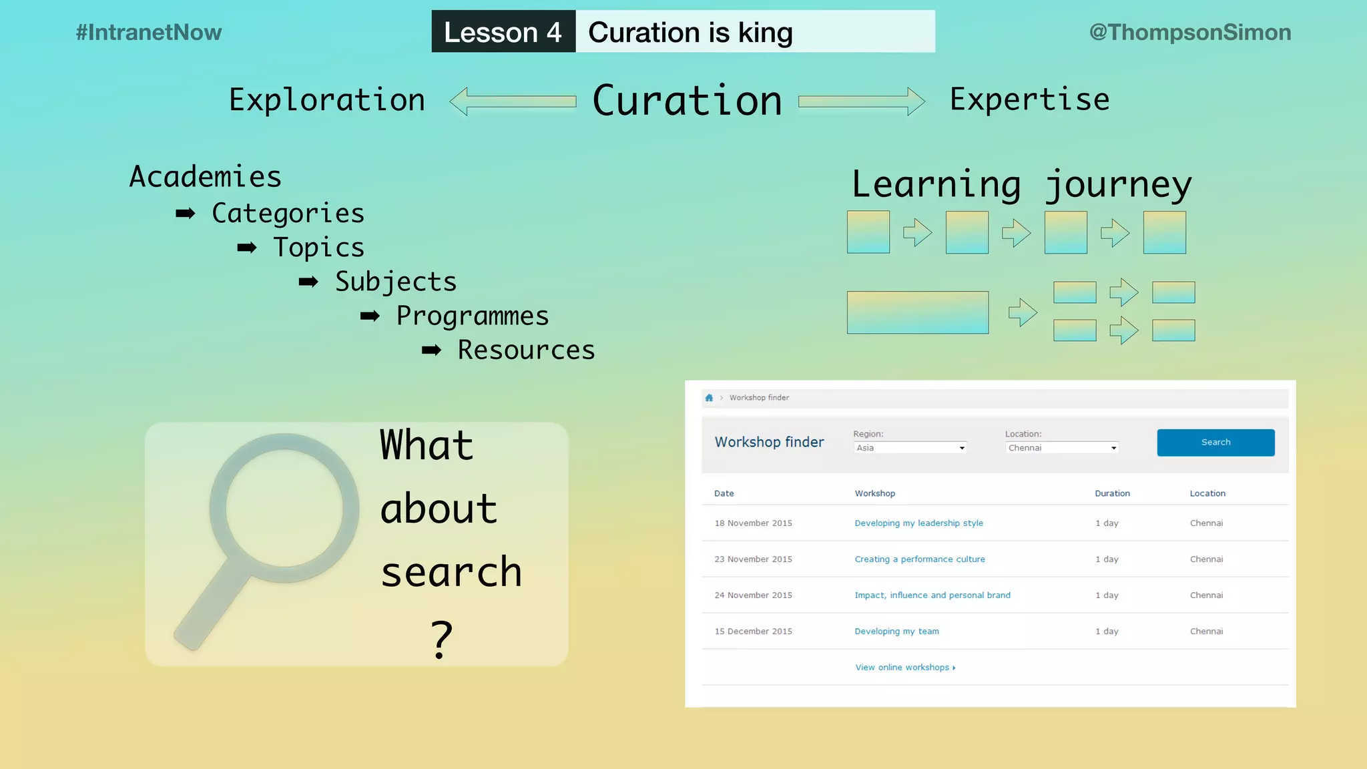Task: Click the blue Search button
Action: click(1215, 443)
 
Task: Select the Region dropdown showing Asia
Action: click(910, 448)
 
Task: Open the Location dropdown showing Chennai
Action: click(1061, 448)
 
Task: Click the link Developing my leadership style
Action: click(918, 523)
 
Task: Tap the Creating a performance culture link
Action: click(920, 559)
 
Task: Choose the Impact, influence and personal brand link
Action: click(932, 595)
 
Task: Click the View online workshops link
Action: click(905, 668)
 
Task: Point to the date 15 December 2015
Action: click(753, 631)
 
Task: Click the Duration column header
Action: click(1112, 494)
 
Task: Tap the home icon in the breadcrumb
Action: click(709, 398)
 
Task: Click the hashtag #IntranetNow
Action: click(148, 32)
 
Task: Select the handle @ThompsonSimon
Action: click(1190, 32)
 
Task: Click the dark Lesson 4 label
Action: click(503, 32)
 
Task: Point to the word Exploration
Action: click(327, 100)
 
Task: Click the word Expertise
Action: click(1029, 99)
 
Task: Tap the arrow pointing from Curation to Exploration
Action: click(513, 101)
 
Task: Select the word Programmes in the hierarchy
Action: click(473, 316)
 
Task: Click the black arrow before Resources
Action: click(431, 350)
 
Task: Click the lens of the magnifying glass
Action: click(284, 509)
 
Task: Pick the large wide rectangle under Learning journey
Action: click(918, 312)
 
